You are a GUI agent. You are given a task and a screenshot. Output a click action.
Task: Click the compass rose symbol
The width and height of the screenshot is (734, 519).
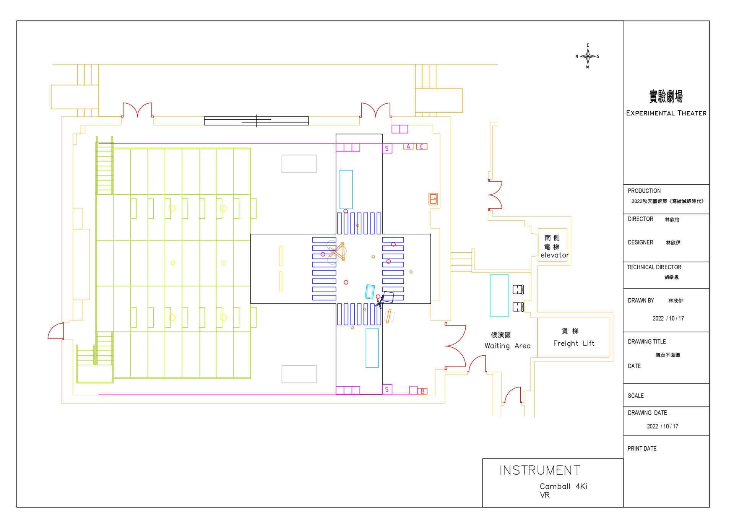[588, 56]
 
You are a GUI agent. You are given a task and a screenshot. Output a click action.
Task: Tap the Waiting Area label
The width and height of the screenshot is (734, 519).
[507, 346]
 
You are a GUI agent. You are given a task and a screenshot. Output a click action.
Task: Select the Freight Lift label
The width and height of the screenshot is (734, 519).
[573, 343]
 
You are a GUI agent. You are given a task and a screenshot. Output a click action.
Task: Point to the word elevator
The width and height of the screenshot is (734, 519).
[555, 255]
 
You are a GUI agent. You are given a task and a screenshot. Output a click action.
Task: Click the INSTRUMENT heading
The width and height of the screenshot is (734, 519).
[540, 470]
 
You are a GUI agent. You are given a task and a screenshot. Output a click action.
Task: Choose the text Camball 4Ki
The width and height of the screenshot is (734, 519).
[563, 486]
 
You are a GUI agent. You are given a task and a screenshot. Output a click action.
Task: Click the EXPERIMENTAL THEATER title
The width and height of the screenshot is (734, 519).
[666, 113]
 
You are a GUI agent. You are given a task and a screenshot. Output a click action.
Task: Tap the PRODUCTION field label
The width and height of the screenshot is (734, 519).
[644, 191]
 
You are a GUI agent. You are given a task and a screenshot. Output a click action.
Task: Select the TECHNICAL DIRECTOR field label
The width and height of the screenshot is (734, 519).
[654, 267]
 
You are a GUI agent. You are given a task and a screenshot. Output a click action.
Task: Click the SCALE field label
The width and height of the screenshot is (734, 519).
[636, 396]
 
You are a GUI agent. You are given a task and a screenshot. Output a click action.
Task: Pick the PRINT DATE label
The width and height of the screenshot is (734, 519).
[642, 449]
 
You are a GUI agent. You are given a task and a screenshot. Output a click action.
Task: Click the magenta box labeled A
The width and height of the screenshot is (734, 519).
[408, 146]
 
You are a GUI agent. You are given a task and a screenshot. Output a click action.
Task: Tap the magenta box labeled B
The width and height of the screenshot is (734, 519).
[422, 391]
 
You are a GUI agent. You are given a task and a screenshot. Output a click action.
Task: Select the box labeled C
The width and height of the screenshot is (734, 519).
[422, 146]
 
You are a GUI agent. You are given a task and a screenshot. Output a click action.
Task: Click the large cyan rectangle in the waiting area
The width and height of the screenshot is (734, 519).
[499, 295]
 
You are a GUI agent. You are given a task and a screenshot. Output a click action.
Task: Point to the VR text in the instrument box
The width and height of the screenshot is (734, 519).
[545, 495]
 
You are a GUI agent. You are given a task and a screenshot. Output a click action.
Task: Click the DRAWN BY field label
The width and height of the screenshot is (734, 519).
[641, 301]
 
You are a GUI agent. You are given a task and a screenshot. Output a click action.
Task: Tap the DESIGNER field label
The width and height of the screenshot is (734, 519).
[640, 242]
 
